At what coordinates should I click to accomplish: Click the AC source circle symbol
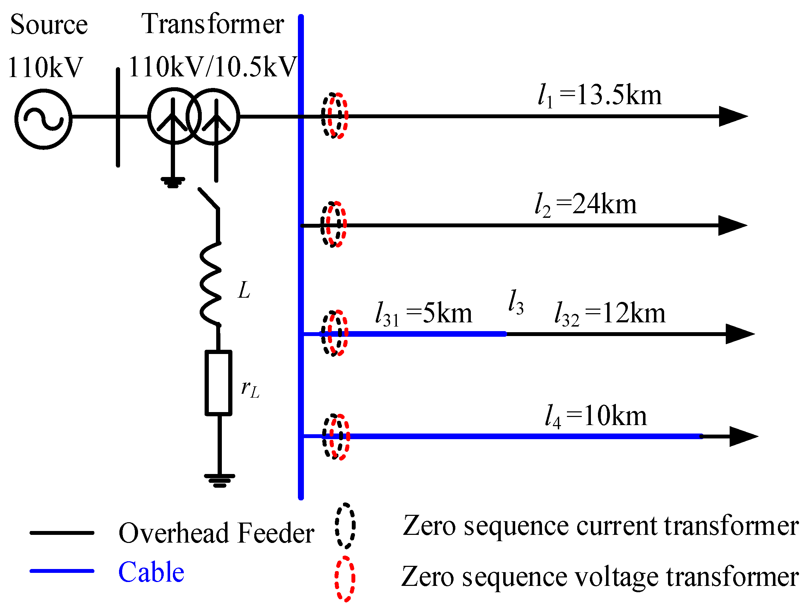click(x=43, y=119)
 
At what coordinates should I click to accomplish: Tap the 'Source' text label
click(x=49, y=25)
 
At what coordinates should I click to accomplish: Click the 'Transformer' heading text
click(x=213, y=24)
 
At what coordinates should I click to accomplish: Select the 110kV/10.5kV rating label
click(x=213, y=67)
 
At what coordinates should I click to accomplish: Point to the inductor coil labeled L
click(x=211, y=283)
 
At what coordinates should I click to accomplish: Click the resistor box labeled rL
click(x=218, y=382)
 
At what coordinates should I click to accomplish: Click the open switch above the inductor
click(x=209, y=198)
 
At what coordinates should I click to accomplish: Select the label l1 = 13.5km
click(x=599, y=96)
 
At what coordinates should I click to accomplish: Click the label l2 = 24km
click(x=586, y=205)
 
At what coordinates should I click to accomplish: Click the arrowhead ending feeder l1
click(x=732, y=116)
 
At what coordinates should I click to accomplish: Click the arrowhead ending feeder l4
click(x=742, y=436)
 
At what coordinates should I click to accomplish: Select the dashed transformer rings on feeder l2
click(x=334, y=225)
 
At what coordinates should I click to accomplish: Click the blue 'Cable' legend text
click(x=151, y=572)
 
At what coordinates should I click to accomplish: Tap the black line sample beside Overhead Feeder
click(x=62, y=533)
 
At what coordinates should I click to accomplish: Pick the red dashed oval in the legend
click(x=345, y=578)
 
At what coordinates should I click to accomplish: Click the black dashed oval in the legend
click(x=345, y=525)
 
